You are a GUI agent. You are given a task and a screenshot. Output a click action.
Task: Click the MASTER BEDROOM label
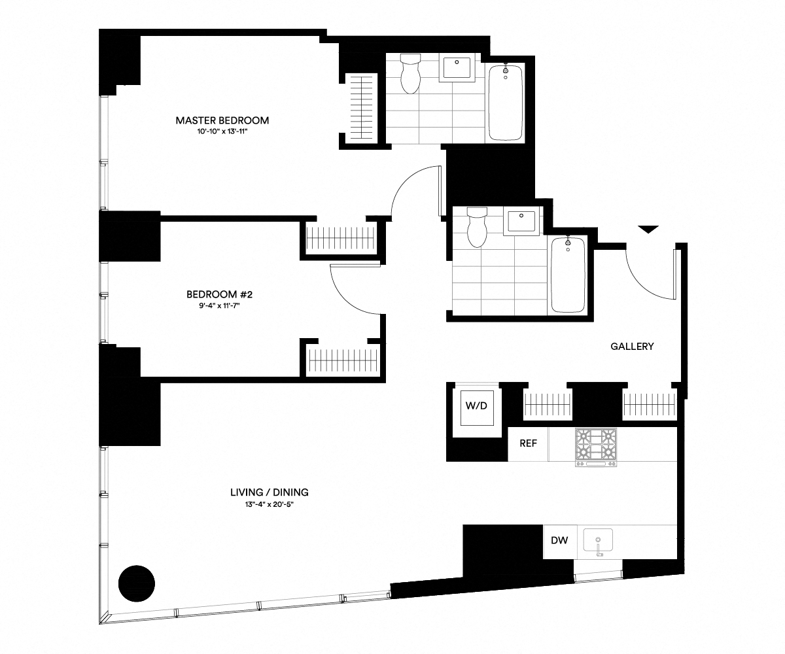pyautogui.click(x=222, y=120)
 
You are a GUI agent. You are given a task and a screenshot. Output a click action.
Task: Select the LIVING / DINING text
pyautogui.click(x=269, y=492)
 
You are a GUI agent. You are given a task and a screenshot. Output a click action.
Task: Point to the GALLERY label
pyautogui.click(x=632, y=347)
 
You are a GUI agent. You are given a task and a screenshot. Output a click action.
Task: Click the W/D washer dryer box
pyautogui.click(x=476, y=406)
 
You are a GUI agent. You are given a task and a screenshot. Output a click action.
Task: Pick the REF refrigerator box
pyautogui.click(x=528, y=443)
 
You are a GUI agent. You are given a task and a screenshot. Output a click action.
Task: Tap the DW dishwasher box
pyautogui.click(x=559, y=541)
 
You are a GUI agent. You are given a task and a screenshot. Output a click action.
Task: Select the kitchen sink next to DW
pyautogui.click(x=598, y=542)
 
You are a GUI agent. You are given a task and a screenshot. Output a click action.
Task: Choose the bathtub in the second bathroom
pyautogui.click(x=568, y=274)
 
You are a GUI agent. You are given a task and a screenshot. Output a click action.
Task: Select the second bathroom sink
pyautogui.click(x=521, y=222)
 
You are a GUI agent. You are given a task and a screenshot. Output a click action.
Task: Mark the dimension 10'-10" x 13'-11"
pyautogui.click(x=222, y=132)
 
